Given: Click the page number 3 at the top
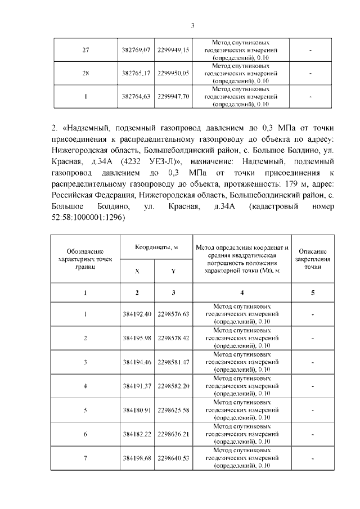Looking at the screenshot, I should tap(192, 25).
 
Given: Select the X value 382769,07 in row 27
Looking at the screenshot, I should tap(137, 50).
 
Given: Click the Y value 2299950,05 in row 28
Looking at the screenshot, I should tap(173, 73).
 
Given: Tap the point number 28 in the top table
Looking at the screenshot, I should tap(85, 73).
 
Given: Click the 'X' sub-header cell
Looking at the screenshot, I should tap(137, 271).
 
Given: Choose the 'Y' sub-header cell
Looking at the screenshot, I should tap(173, 271).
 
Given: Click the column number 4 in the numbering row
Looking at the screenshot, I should tap(242, 292).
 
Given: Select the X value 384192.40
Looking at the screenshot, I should tap(137, 314).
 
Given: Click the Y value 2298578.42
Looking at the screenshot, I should tap(173, 337).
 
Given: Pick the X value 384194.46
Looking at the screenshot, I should tap(137, 362).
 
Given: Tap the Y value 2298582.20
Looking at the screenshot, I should tap(173, 386).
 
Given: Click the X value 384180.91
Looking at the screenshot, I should tap(137, 410).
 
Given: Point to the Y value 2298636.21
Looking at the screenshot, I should tap(173, 434).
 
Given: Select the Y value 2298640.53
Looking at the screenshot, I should tap(173, 458).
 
